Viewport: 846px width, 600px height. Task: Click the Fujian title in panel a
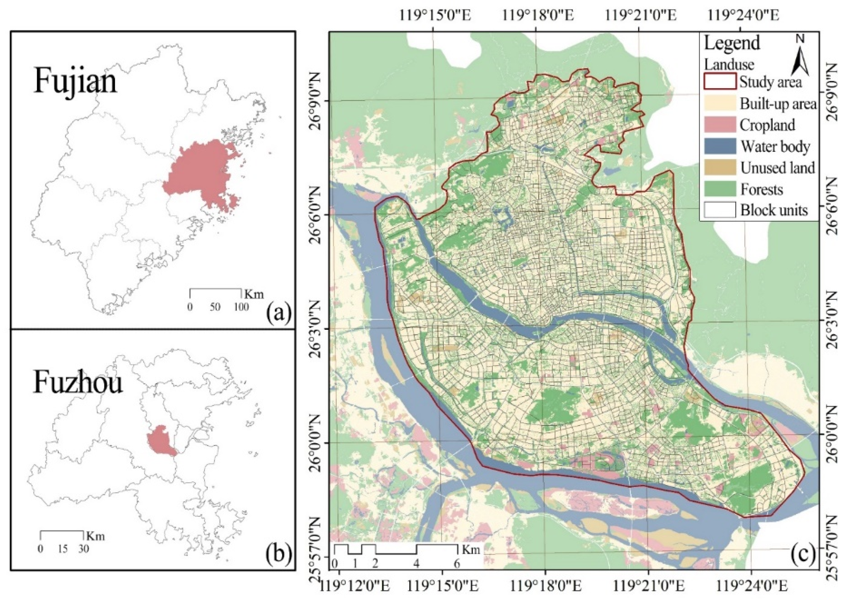click(75, 82)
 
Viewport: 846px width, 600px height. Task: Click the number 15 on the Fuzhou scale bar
click(63, 549)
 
